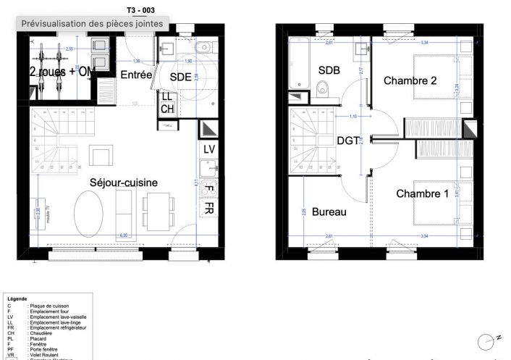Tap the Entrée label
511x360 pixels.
pos(136,75)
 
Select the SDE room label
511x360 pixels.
pos(181,77)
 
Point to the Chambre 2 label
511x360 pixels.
pos(410,80)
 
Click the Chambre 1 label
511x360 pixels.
pos(422,194)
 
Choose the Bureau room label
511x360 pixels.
pos(329,213)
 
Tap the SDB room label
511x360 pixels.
pos(329,70)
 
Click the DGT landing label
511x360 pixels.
pos(348,141)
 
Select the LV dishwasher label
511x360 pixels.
pos(209,149)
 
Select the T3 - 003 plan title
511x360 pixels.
pos(140,11)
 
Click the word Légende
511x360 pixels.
pos(17,298)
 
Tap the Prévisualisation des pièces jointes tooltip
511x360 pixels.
pos(94,23)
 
